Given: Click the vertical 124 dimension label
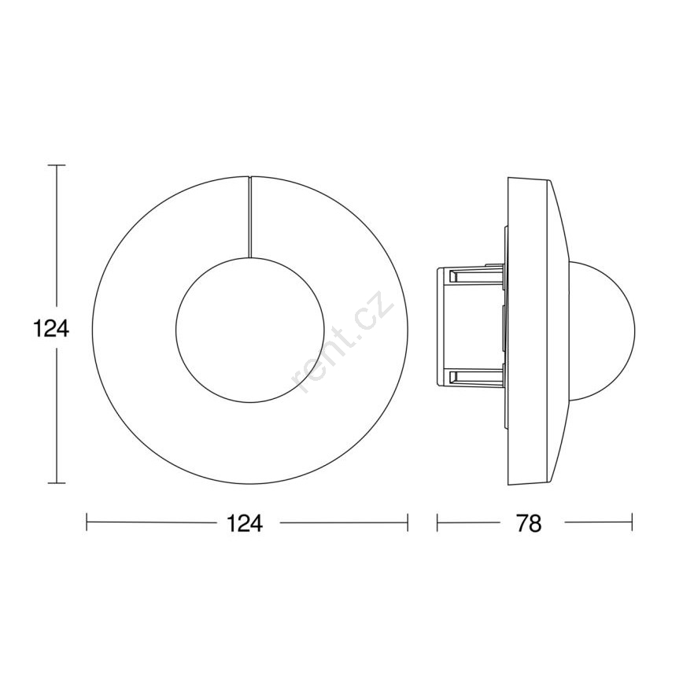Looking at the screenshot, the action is click(51, 329).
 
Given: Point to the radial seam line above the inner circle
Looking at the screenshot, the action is click(250, 217).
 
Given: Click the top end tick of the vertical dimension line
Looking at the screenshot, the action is click(57, 165).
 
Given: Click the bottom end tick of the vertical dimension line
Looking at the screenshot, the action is click(57, 492).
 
